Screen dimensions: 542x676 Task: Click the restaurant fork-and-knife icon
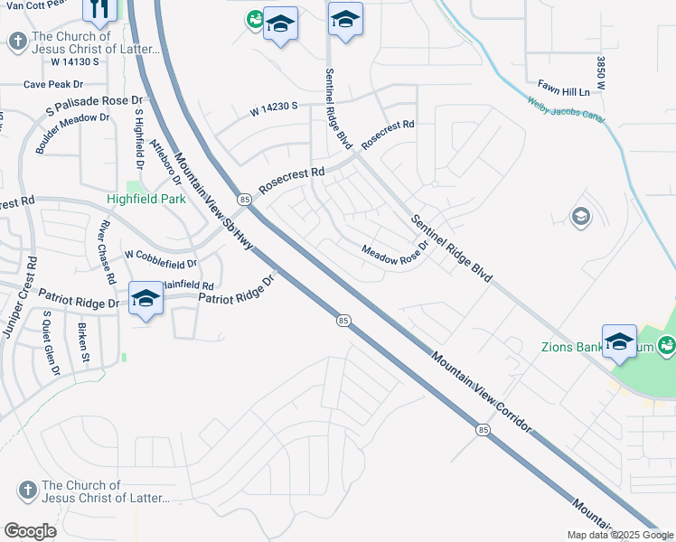point(99,9)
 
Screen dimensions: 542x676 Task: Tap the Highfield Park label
point(146,199)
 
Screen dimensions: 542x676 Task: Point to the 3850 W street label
point(600,72)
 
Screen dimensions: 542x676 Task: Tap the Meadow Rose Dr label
point(392,256)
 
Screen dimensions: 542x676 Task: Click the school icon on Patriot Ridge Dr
point(146,300)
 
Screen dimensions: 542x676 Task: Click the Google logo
point(30,531)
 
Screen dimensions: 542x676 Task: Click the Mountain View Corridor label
point(480,391)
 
